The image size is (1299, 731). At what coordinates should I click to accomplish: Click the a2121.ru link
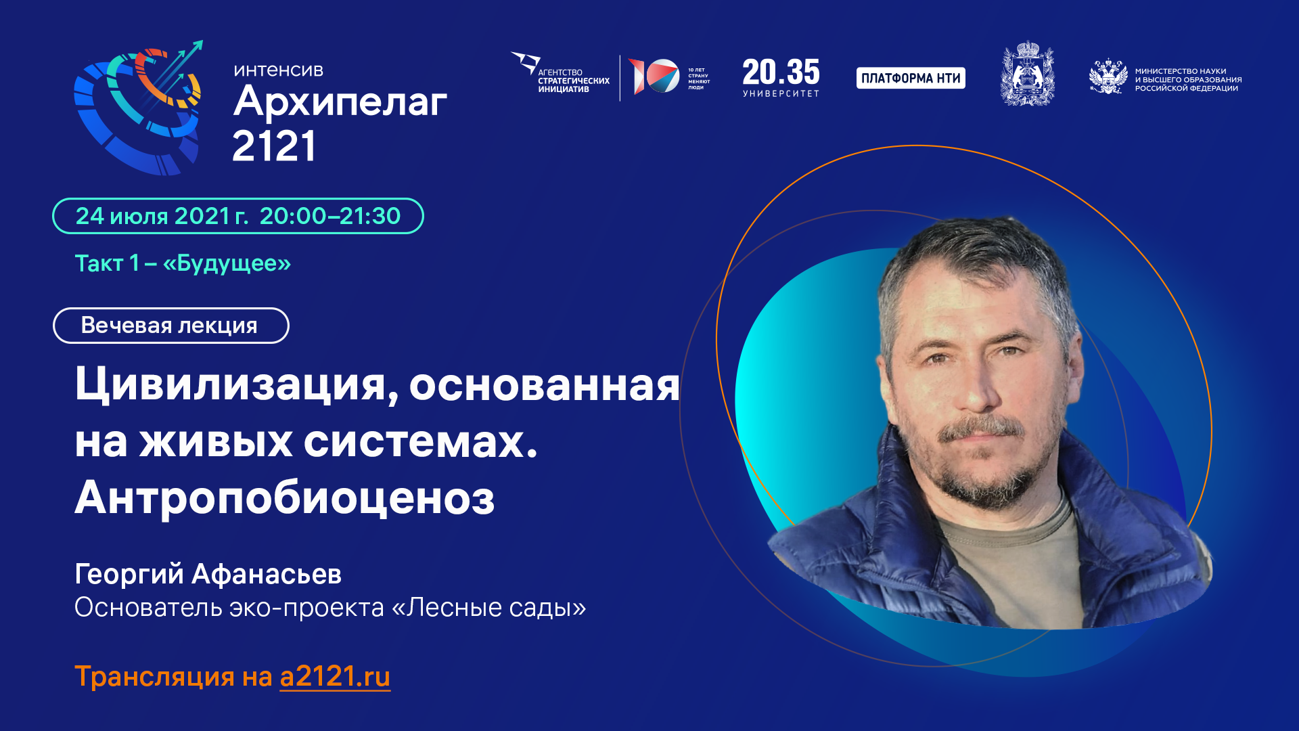[x=335, y=676]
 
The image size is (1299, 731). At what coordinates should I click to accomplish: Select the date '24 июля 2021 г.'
[x=161, y=216]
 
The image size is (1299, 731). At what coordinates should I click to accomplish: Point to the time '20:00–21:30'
[x=330, y=216]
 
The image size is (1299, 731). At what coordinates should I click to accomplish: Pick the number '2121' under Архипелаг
[x=274, y=146]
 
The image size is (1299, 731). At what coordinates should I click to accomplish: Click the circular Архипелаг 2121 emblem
[x=139, y=108]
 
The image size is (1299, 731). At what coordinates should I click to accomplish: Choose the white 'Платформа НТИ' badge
[x=911, y=78]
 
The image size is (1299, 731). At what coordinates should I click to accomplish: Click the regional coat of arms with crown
[x=1027, y=74]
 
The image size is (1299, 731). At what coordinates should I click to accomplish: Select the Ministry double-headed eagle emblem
[x=1108, y=77]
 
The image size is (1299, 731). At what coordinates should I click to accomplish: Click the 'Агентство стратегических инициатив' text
[x=573, y=81]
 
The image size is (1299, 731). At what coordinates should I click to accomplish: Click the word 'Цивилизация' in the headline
[x=230, y=384]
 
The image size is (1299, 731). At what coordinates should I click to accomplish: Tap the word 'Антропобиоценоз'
[x=285, y=498]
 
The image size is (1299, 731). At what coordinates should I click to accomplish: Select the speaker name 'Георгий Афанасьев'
[x=208, y=574]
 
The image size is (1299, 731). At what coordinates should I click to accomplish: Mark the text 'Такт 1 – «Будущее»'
[x=183, y=263]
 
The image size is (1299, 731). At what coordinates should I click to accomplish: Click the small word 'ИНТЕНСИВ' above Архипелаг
[x=278, y=70]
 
